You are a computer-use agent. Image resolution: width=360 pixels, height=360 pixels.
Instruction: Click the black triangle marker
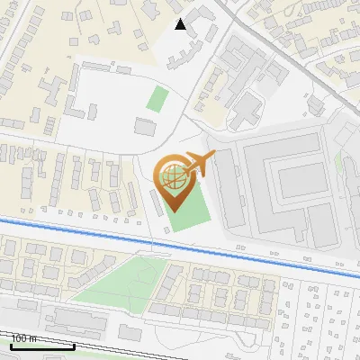(x=181, y=24)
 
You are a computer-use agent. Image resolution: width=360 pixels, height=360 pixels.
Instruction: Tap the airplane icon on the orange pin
(x=201, y=163)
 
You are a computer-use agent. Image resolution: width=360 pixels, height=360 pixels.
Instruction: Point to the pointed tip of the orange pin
(x=174, y=211)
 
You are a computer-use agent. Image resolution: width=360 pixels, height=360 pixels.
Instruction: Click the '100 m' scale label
(x=23, y=338)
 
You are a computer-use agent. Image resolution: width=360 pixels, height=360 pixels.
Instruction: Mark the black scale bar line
(x=41, y=346)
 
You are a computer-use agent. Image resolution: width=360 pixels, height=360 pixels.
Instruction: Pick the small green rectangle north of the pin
(x=158, y=98)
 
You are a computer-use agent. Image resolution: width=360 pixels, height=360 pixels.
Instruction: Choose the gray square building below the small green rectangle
(x=145, y=126)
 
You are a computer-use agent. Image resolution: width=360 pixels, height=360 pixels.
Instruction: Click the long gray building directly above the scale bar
(x=81, y=319)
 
